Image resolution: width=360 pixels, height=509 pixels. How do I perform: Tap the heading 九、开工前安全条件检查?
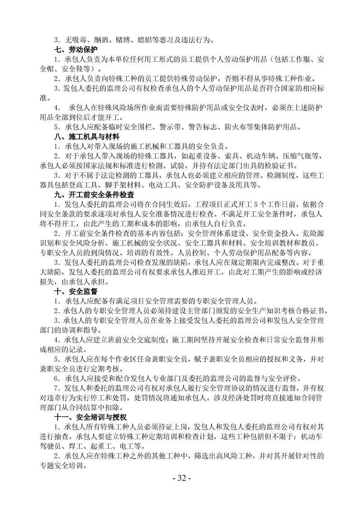pyautogui.click(x=94, y=195)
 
